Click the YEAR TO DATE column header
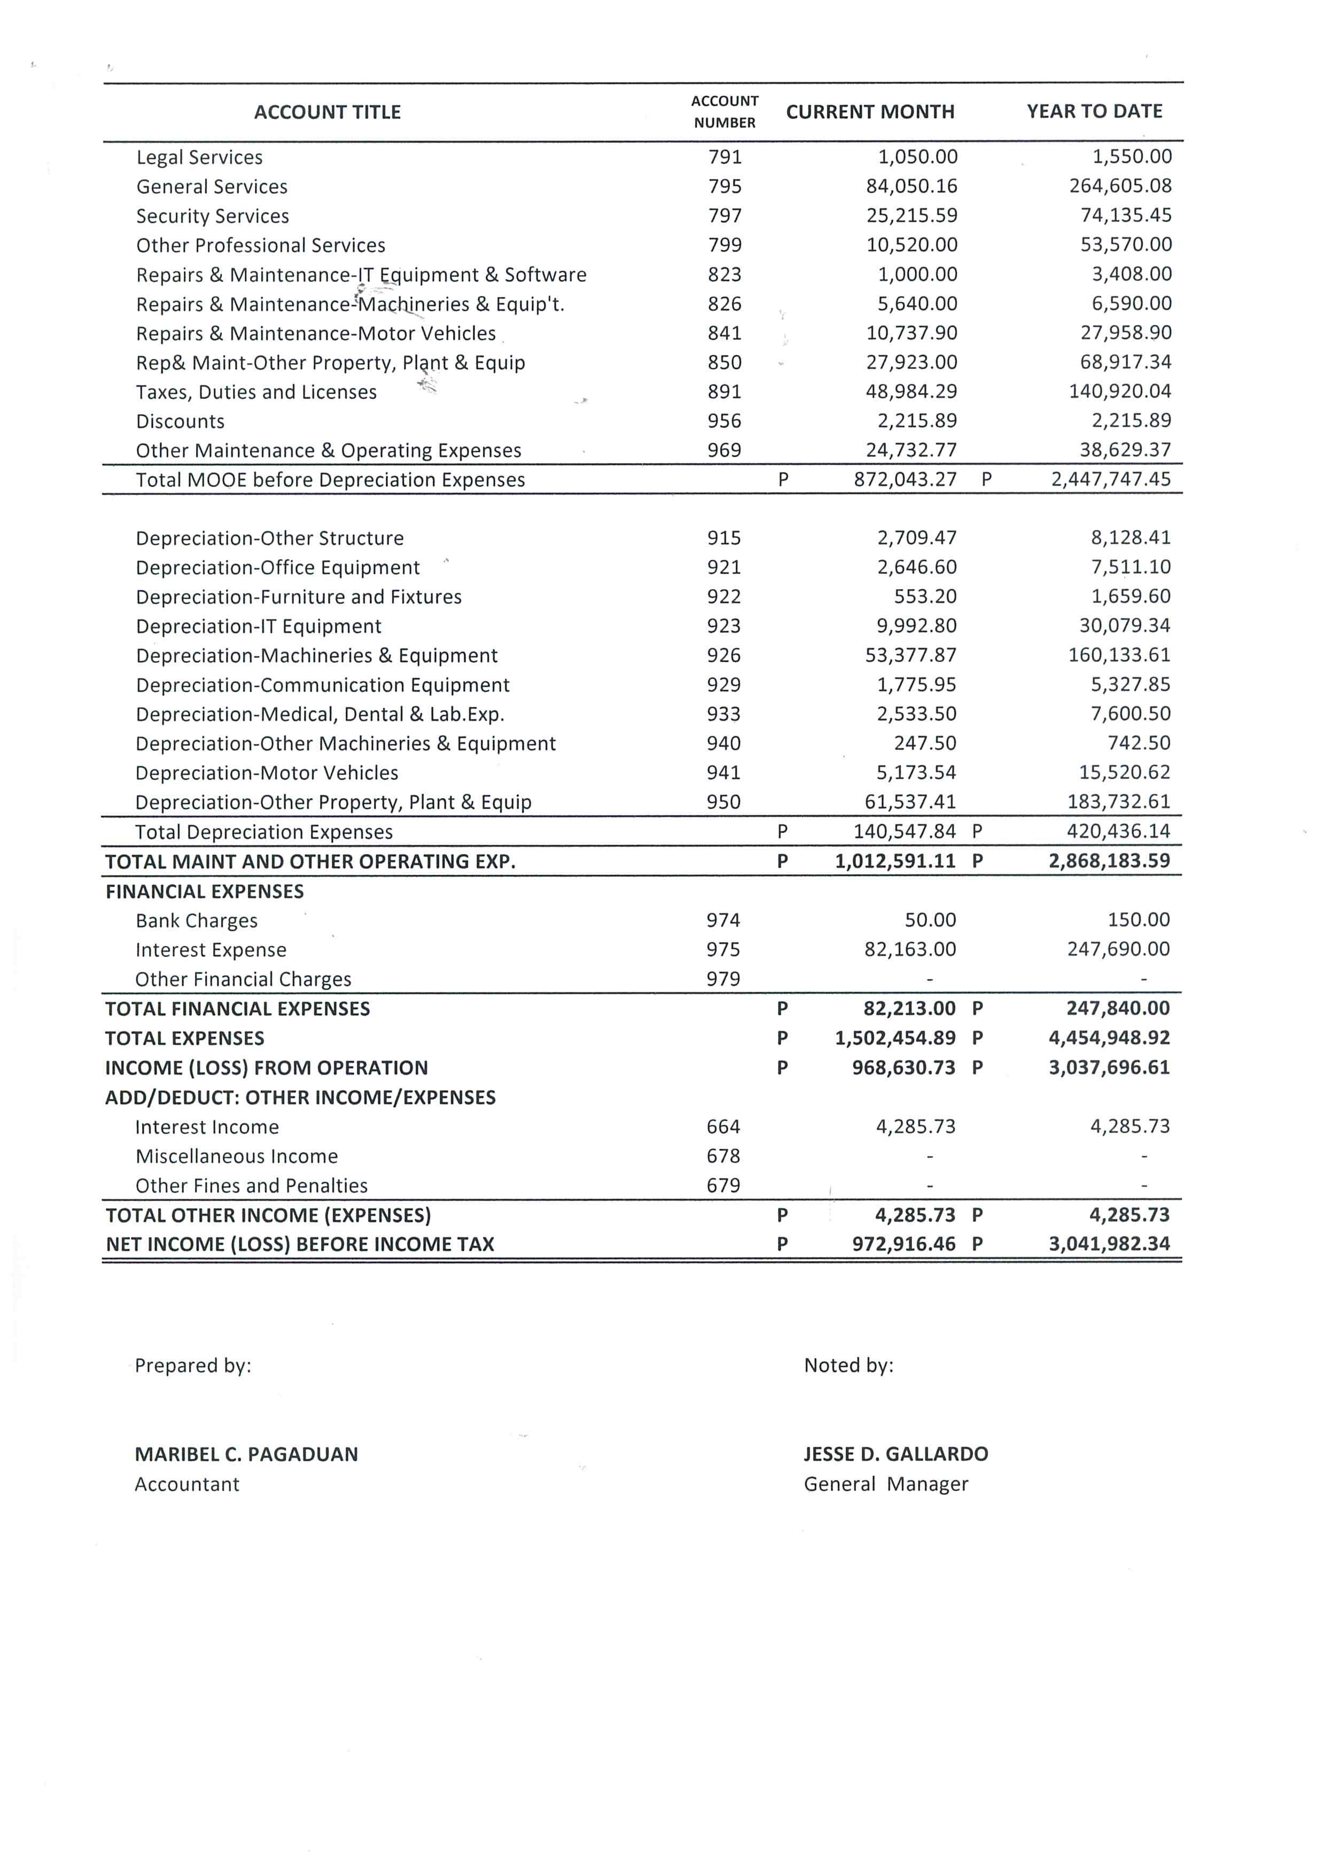1094,112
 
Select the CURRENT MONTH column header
870,113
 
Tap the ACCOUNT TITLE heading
327,113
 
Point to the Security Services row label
212,216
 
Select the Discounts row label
180,422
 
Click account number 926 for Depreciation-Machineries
724,655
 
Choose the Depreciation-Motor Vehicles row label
267,773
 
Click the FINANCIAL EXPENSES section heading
204,891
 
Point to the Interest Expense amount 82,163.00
910,950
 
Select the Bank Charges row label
196,921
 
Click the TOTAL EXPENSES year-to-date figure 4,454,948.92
1109,1038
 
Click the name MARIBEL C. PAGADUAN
246,1454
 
